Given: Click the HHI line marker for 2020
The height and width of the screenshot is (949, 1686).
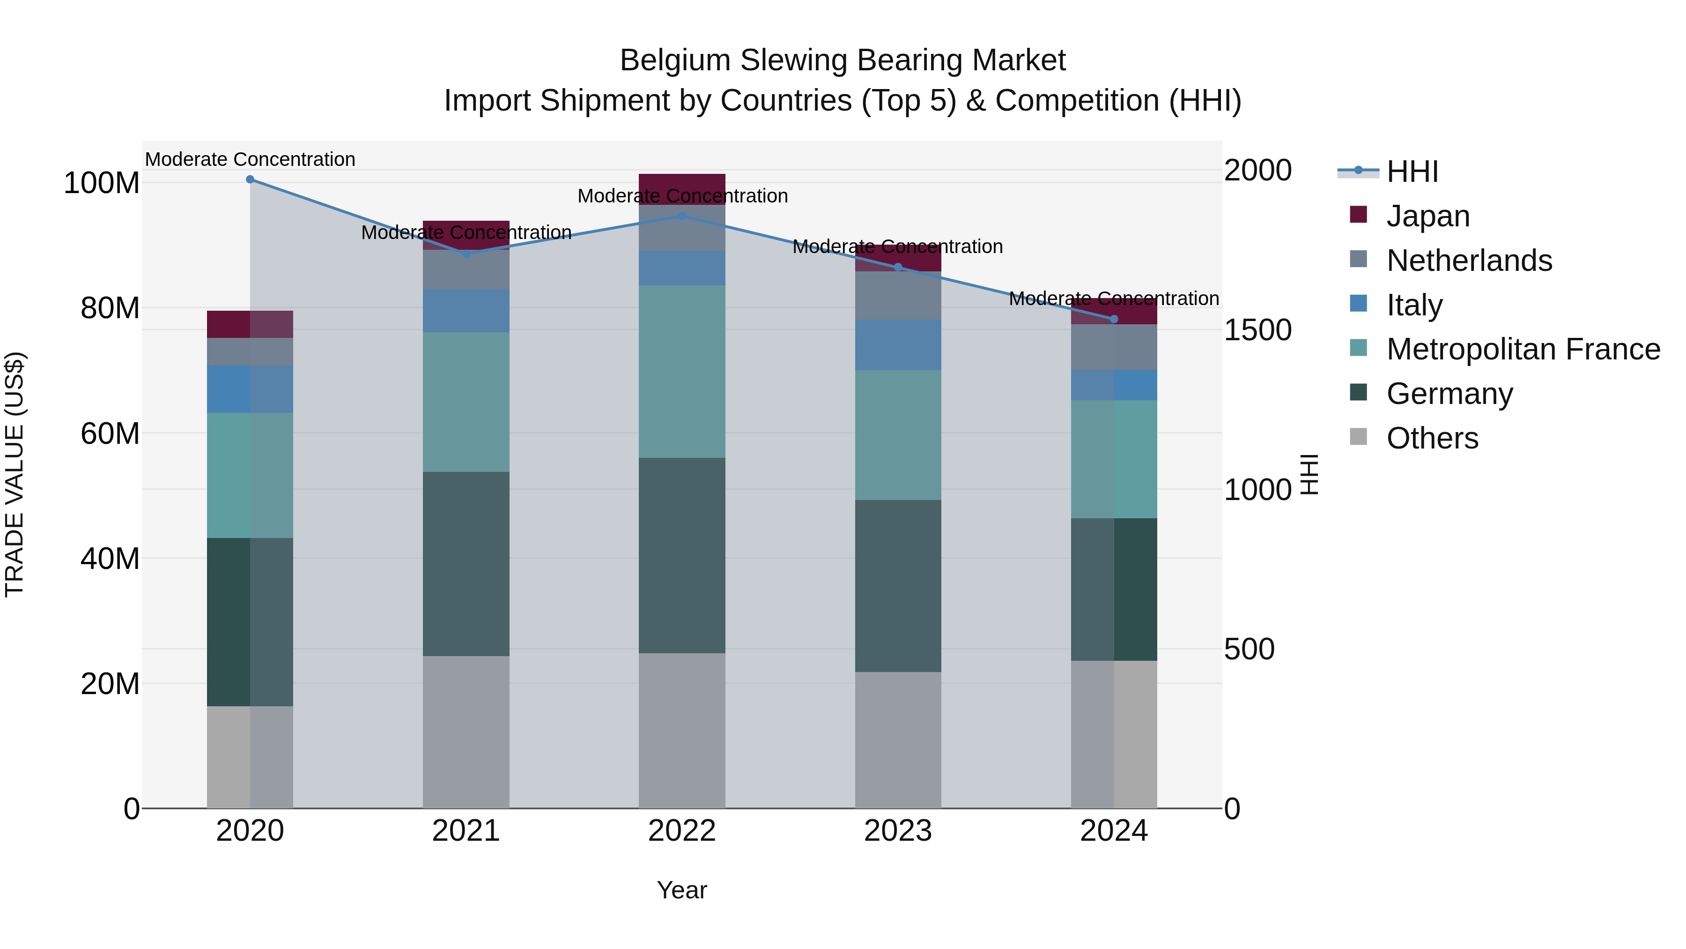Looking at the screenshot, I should pyautogui.click(x=250, y=179).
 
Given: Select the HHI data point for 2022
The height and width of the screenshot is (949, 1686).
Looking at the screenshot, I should pyautogui.click(x=682, y=216).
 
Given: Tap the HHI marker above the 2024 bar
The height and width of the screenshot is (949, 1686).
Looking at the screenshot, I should pyautogui.click(x=1114, y=319).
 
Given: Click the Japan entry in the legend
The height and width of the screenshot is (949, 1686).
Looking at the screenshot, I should pyautogui.click(x=1427, y=216).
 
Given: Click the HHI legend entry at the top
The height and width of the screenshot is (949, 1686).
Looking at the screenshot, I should pyautogui.click(x=1412, y=172).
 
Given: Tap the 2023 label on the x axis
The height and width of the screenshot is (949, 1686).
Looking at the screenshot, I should pyautogui.click(x=898, y=831).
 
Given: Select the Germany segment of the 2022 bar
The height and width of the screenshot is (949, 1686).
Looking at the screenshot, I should pyautogui.click(x=682, y=555).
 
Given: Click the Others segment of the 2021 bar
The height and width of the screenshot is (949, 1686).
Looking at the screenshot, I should pyautogui.click(x=466, y=732).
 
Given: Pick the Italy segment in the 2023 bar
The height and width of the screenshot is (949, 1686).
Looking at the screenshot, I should pyautogui.click(x=898, y=344).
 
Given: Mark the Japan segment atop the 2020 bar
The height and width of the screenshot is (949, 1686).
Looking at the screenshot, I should pyautogui.click(x=250, y=324).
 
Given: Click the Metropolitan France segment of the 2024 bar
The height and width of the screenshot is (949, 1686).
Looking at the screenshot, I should pyautogui.click(x=1114, y=459).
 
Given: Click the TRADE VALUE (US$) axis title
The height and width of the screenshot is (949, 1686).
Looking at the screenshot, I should pyautogui.click(x=15, y=474).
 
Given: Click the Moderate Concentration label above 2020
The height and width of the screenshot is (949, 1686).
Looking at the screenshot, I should pyautogui.click(x=250, y=160).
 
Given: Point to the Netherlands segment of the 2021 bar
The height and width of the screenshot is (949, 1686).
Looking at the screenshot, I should pyautogui.click(x=466, y=269).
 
